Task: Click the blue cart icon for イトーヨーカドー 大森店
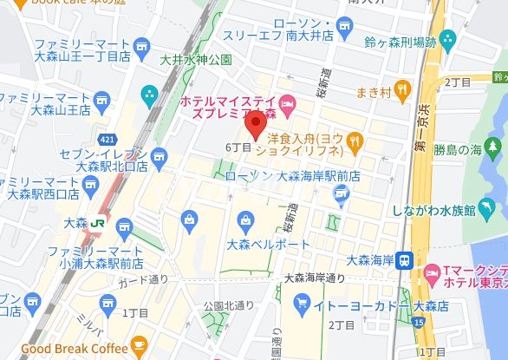[302, 303]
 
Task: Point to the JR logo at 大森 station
[97, 222]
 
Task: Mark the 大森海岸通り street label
[314, 278]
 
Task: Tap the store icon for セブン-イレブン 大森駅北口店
[158, 157]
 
